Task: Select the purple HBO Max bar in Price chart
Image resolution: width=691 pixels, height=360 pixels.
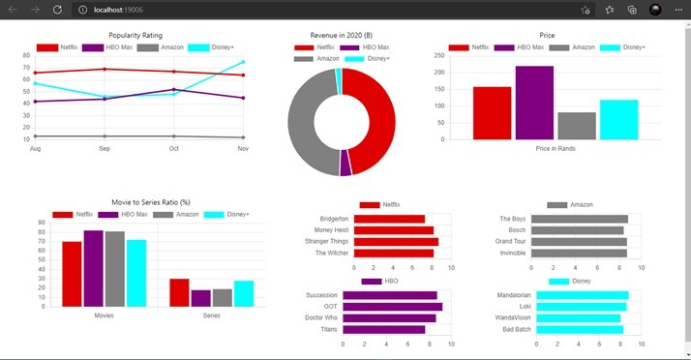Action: [x=534, y=103]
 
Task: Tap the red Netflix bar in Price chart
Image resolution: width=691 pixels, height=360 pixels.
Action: [x=492, y=113]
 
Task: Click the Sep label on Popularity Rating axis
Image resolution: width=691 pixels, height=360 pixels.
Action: [x=105, y=148]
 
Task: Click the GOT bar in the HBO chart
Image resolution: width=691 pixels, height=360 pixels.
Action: [x=397, y=307]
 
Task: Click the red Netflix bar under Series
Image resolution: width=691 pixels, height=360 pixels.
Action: [x=179, y=292]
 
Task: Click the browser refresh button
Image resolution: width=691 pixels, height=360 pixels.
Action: [x=57, y=9]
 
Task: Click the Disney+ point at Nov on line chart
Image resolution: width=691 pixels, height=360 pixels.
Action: [x=243, y=62]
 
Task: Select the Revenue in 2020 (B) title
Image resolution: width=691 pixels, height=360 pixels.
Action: [x=341, y=35]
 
